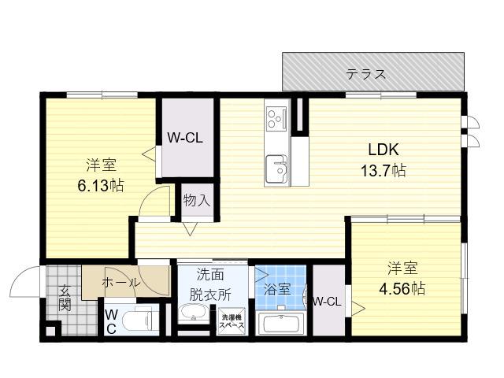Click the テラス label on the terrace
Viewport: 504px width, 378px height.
[x=365, y=74]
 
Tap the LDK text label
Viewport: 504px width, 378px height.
[x=384, y=150]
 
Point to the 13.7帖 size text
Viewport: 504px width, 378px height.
[x=384, y=170]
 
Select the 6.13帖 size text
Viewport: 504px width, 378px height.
[x=101, y=186]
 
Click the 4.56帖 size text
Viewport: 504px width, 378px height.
[x=402, y=289]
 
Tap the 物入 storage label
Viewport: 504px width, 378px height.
[x=197, y=201]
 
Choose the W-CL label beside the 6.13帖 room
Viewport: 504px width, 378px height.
[x=185, y=139]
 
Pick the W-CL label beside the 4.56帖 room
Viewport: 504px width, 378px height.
[x=328, y=302]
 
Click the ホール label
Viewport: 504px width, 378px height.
[x=121, y=283]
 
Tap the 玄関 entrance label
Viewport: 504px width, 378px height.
[x=65, y=298]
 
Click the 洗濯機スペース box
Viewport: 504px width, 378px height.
[x=232, y=321]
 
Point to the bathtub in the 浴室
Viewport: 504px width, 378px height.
[x=281, y=324]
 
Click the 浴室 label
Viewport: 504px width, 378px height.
[x=277, y=289]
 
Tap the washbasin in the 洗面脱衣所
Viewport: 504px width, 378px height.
[x=194, y=313]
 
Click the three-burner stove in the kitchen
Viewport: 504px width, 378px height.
[x=276, y=119]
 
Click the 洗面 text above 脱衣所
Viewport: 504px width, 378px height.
[x=210, y=274]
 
